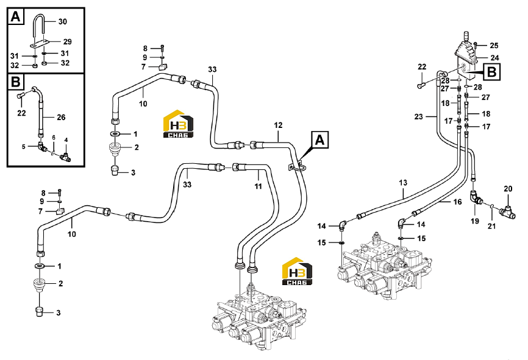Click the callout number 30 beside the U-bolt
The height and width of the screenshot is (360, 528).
tap(63, 21)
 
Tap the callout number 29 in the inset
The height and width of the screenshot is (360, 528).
tap(67, 41)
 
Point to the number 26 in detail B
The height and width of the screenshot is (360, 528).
tap(61, 118)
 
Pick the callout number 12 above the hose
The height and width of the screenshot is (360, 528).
tap(278, 125)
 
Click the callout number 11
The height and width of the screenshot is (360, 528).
tap(258, 186)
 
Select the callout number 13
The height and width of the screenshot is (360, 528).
tap(403, 183)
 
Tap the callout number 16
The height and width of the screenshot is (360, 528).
tap(457, 202)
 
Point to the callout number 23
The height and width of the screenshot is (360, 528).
tap(419, 117)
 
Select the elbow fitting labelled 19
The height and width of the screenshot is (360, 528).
tap(476, 197)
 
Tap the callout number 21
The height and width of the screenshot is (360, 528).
tap(491, 226)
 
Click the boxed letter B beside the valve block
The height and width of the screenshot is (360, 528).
tap(492, 72)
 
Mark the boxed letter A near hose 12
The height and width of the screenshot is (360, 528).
tap(320, 140)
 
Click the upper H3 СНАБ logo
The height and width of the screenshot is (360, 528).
tap(178, 124)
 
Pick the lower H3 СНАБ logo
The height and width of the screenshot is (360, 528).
tap(297, 271)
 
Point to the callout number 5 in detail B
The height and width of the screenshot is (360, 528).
tap(24, 147)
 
